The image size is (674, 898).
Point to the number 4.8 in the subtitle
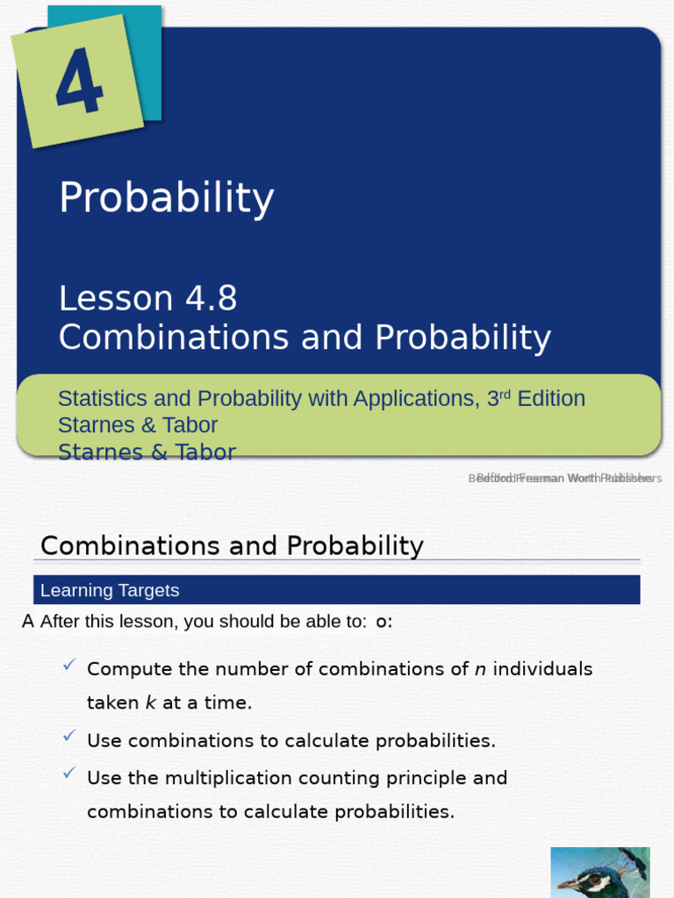[211, 299]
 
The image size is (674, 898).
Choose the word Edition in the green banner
[551, 399]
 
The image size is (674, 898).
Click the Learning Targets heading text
[110, 590]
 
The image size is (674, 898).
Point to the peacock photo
[600, 872]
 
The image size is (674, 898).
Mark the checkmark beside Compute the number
[69, 665]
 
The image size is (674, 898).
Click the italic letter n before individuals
[480, 670]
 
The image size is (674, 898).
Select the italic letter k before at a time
[150, 703]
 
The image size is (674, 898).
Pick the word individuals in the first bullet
[543, 670]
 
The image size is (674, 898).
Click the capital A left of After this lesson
[28, 622]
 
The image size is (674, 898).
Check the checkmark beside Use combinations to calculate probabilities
[69, 736]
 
